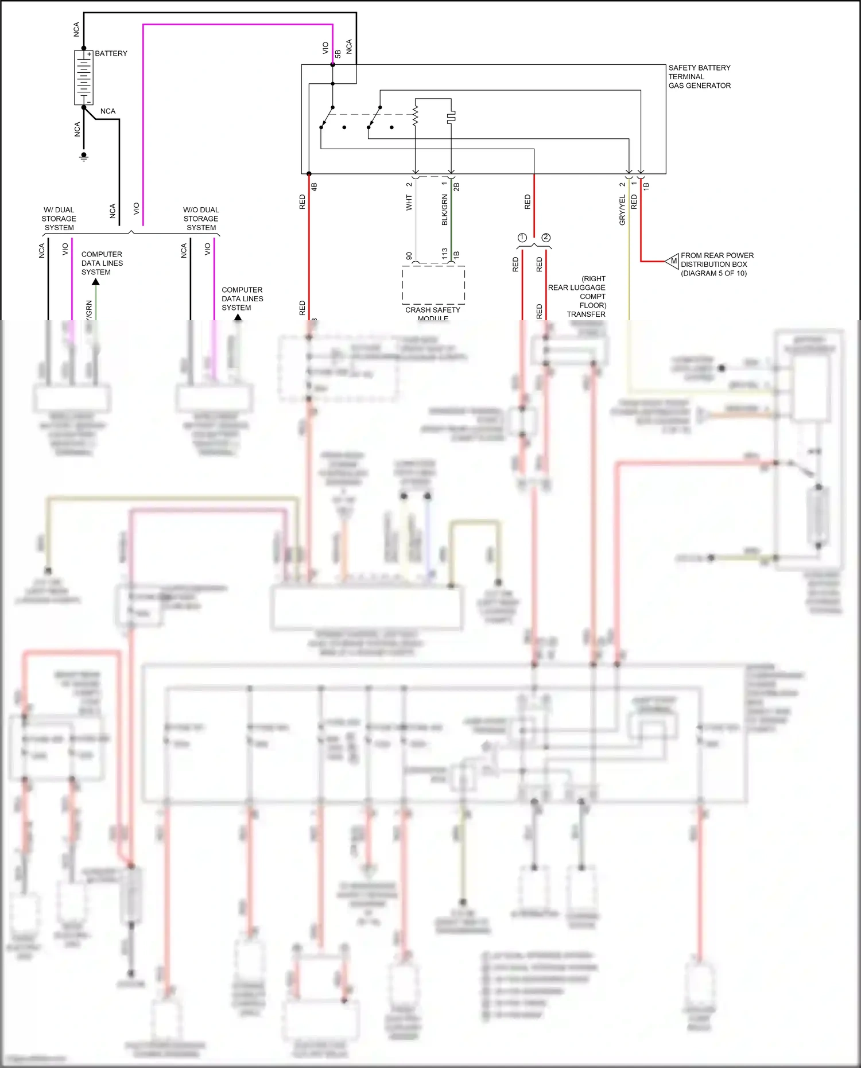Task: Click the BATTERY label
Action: point(111,53)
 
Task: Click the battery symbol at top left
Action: point(84,77)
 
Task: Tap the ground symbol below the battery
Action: point(84,157)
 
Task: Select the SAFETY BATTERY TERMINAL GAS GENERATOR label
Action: point(699,76)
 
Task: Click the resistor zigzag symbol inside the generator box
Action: point(416,114)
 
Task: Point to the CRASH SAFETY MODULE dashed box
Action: point(433,285)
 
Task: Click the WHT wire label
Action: point(409,203)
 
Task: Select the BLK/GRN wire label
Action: point(444,209)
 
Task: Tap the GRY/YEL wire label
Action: point(622,209)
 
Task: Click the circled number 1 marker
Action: point(522,238)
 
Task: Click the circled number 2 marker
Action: point(546,238)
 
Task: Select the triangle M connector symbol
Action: point(672,261)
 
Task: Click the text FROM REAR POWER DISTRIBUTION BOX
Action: point(716,264)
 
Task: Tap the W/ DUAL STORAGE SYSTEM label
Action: point(59,219)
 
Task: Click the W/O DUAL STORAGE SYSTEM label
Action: point(201,219)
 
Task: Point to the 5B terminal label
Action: point(338,54)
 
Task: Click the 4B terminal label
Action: point(314,187)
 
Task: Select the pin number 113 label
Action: point(444,254)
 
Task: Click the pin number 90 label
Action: point(409,256)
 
